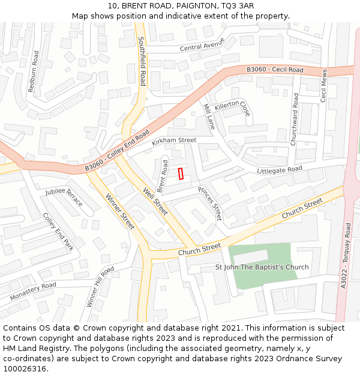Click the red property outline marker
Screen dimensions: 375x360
181,173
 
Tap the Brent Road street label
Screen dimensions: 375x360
162,176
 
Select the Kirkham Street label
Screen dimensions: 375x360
174,141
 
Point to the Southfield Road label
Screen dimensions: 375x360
142,61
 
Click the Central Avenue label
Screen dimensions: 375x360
202,45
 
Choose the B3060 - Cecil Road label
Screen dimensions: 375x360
275,70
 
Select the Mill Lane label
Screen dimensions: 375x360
208,116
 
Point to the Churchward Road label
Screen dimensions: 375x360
295,119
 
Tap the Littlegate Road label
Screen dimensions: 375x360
280,170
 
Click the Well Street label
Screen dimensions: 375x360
155,202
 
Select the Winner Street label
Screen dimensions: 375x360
120,212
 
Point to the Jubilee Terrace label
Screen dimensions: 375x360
64,197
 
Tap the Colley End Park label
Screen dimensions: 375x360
58,232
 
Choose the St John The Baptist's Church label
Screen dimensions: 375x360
262,267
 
